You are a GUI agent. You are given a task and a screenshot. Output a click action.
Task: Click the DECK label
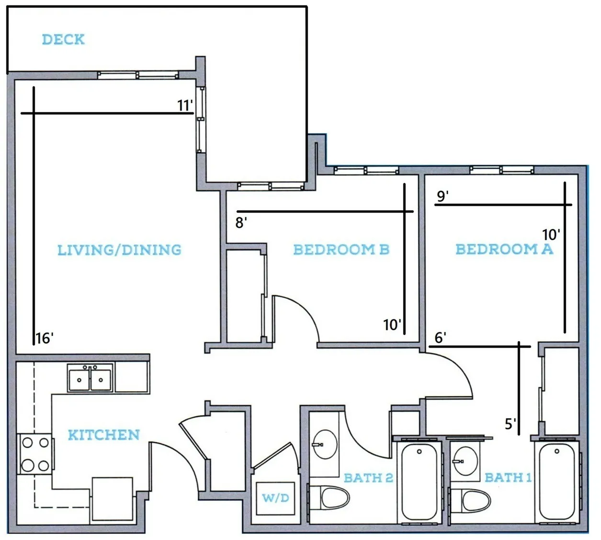(63, 39)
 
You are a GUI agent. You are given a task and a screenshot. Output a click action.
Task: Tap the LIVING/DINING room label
(119, 250)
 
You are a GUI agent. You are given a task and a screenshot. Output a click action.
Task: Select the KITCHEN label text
(104, 435)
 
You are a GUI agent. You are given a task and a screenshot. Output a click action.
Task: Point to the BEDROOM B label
(341, 249)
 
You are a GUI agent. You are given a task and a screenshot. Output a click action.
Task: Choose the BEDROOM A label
(504, 249)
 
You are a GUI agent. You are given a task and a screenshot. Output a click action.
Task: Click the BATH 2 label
(368, 478)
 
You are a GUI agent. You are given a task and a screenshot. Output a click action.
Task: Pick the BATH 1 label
(508, 478)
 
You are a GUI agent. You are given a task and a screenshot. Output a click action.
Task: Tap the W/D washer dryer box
(275, 498)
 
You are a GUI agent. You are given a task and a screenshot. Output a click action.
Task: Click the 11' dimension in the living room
(185, 105)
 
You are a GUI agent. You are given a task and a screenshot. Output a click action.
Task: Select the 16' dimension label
(45, 338)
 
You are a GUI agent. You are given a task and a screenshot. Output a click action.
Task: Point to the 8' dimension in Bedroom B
(241, 223)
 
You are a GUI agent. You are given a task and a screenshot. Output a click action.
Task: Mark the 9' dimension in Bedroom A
(442, 196)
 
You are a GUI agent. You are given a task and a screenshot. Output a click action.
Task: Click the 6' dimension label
(441, 338)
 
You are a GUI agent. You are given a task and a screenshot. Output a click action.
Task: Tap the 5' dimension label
(510, 424)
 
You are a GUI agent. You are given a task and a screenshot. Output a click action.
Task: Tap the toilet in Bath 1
(470, 501)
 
